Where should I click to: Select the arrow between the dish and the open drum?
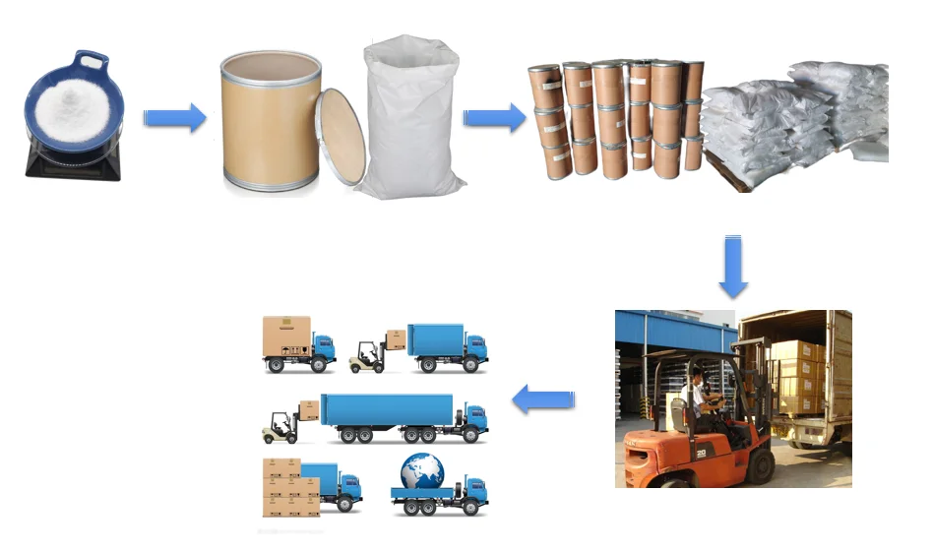[x=174, y=118]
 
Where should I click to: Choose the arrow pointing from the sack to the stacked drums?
[x=494, y=118]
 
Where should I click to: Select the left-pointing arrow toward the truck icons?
[x=544, y=399]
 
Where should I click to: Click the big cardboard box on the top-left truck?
[x=285, y=336]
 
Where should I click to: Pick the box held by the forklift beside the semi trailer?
[x=308, y=409]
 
